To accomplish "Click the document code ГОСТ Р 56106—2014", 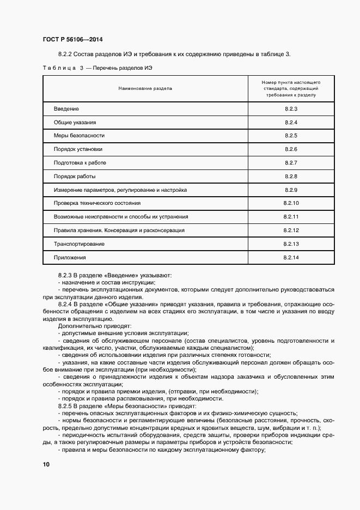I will coord(72,40).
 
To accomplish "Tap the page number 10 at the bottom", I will coord(46,464).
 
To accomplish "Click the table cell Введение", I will coord(66,109).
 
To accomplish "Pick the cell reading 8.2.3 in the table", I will coord(291,109).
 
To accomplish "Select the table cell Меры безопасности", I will coord(79,135).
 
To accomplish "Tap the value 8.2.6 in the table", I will coord(291,149).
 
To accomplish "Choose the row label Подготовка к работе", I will coord(80,162).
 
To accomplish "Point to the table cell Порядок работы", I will coord(75,176).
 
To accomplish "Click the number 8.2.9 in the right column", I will coord(291,190).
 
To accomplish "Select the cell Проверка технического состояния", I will coord(97,203).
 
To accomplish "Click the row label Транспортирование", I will coord(79,244).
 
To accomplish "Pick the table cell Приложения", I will coord(70,257).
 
